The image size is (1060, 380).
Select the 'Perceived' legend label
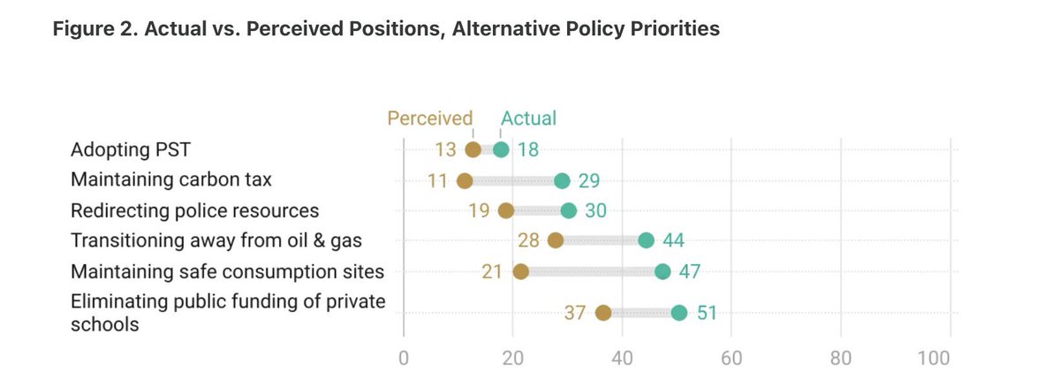pos(430,118)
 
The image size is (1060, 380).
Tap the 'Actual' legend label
pos(529,118)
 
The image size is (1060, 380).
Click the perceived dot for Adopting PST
pos(473,149)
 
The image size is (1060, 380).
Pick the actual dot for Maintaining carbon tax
pos(562,180)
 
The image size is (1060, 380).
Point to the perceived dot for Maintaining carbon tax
pos(465,180)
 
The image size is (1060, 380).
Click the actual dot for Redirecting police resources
pos(568,210)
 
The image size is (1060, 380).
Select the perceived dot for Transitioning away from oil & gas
pos(556,240)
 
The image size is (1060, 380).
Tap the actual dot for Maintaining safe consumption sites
pos(662,271)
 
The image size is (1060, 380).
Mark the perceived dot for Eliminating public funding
pos(604,312)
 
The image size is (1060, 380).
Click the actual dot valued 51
pos(678,312)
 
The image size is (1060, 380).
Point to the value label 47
pos(689,271)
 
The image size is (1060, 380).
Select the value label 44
pos(673,240)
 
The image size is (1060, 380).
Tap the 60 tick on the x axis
pos(731,359)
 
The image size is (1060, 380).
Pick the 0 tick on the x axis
pos(404,359)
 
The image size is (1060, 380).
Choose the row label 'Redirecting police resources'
pos(194,210)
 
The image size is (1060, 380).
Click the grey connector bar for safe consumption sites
pos(592,271)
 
